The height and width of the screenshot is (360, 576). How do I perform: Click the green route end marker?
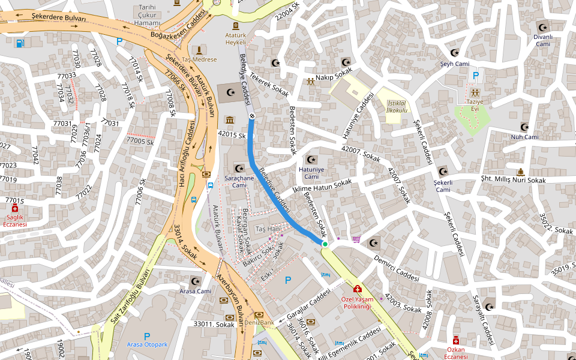click(325, 244)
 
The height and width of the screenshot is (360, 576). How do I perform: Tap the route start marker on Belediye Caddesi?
click(252, 116)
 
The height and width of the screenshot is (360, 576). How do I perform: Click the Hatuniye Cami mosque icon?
click(311, 160)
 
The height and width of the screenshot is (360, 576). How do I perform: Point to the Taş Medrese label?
click(199, 60)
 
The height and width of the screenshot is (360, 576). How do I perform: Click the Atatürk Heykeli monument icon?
click(236, 26)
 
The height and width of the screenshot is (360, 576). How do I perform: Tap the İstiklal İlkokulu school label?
click(397, 106)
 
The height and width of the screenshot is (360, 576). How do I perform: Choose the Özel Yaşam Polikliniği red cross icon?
click(357, 289)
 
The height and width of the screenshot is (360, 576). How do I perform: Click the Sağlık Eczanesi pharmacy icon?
click(15, 208)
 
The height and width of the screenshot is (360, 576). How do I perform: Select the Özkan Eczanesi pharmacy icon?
click(456, 340)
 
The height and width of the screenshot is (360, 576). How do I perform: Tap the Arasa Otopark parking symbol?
click(147, 336)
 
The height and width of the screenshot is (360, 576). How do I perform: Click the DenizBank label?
click(259, 323)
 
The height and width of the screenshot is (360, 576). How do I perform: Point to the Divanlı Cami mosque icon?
click(543, 27)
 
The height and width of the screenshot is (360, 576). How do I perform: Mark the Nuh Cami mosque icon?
click(524, 127)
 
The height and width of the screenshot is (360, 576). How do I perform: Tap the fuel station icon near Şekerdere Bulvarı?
click(20, 43)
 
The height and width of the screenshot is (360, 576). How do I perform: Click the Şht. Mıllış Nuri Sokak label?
click(513, 180)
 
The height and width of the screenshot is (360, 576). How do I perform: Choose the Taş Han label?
click(268, 229)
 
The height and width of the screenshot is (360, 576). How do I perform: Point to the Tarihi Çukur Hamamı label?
click(147, 15)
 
